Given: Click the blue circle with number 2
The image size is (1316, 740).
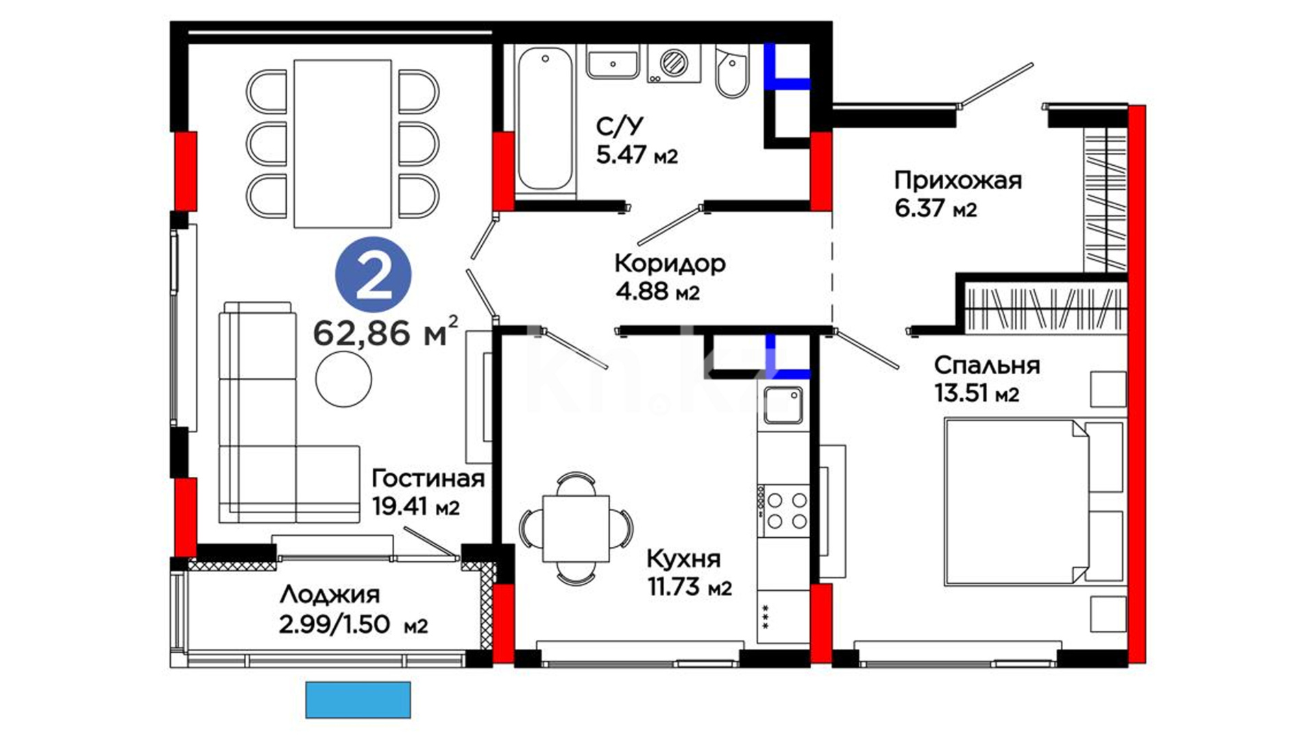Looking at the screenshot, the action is [373, 275].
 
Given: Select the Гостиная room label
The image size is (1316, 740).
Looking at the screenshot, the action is [428, 478].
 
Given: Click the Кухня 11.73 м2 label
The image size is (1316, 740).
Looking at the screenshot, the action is [689, 573].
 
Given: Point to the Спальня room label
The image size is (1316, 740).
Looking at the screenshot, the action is [987, 365].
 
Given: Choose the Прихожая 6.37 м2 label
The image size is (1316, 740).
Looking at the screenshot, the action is [958, 193].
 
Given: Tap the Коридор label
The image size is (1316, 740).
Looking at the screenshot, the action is [670, 263].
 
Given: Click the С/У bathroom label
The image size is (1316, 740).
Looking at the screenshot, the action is [620, 126].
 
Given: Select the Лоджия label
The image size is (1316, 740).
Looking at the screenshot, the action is [330, 595].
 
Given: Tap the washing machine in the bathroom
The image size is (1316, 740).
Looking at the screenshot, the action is [674, 64].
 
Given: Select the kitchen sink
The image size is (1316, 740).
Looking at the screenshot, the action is [783, 405].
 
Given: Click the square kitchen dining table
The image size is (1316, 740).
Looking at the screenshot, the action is [576, 528].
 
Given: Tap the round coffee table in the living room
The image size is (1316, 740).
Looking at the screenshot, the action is [343, 379].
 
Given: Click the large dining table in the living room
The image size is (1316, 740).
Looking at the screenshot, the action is [343, 143].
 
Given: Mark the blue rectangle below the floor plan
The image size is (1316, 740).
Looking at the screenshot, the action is [358, 700].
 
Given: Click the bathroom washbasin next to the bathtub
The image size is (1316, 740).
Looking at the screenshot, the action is [613, 62].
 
